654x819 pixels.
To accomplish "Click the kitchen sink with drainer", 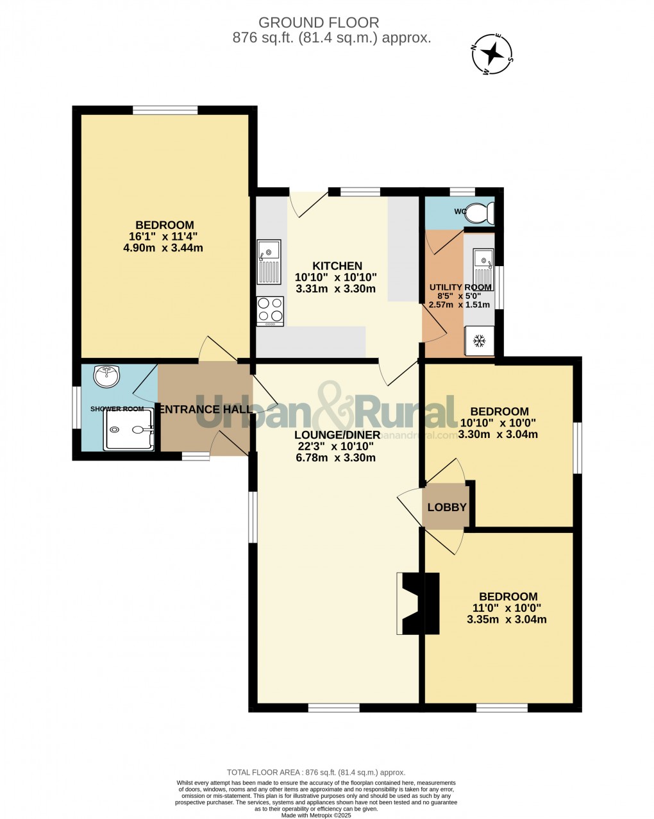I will [269, 261].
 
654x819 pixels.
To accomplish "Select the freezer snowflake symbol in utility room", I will [478, 342].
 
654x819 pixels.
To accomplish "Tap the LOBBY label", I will [447, 507].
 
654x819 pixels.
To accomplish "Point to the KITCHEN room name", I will [337, 266].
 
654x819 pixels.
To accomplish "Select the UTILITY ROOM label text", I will [460, 287].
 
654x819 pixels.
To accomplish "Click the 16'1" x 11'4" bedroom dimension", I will [165, 236].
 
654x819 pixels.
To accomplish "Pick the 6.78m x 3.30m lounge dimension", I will [335, 458].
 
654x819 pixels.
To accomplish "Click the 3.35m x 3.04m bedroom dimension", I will [507, 620].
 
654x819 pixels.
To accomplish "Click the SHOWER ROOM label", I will [117, 409].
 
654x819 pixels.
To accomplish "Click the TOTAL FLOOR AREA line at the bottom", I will [316, 772].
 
